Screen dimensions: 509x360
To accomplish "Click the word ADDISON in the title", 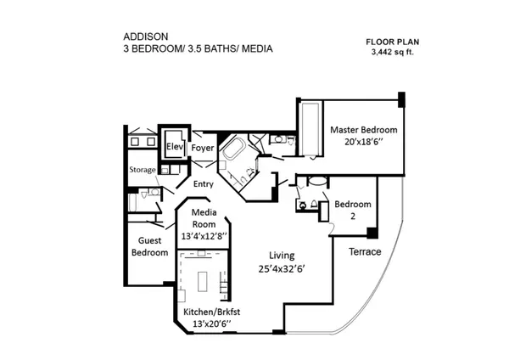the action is click(x=146, y=37).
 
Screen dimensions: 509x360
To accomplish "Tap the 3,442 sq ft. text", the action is click(x=393, y=52).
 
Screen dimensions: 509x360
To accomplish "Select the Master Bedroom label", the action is click(x=364, y=130).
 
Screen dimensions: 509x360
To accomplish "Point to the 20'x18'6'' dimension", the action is click(x=364, y=142).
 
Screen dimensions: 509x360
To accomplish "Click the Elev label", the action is click(x=175, y=147).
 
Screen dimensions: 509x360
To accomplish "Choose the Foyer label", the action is click(x=203, y=148).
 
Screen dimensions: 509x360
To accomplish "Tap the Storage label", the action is click(x=143, y=170).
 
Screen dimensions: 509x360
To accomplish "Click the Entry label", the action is click(x=204, y=184).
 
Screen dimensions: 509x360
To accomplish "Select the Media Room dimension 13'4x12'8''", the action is click(x=204, y=236).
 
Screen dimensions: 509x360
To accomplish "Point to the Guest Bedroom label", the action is click(x=149, y=246).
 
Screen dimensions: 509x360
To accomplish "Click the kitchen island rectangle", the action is click(x=203, y=282).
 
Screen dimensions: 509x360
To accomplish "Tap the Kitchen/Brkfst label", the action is click(x=211, y=312).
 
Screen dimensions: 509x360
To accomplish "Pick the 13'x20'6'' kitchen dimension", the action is click(x=211, y=324).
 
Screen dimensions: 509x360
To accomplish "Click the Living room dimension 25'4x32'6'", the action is click(x=281, y=269).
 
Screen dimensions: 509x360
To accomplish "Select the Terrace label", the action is click(x=365, y=252).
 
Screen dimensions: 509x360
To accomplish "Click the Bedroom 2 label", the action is click(x=353, y=210).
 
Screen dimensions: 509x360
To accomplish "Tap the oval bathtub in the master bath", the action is click(x=234, y=149).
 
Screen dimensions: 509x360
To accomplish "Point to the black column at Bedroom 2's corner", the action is click(x=372, y=233).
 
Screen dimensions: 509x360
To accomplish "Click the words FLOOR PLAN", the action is click(x=393, y=42).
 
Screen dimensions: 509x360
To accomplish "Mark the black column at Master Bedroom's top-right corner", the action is click(x=401, y=99).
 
